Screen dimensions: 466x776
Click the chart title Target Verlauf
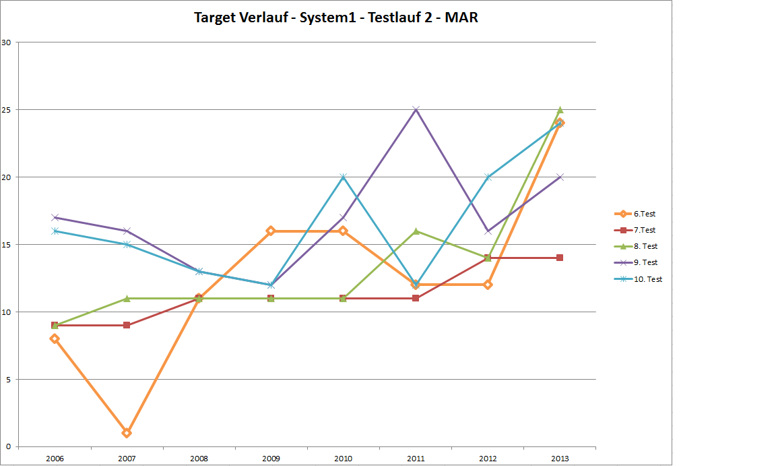tap(335, 18)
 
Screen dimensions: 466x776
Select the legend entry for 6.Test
tap(644, 214)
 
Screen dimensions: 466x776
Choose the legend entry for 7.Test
tap(644, 230)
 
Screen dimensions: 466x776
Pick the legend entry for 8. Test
tap(645, 246)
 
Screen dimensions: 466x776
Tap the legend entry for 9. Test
tap(645, 262)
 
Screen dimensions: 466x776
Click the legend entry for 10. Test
tap(647, 279)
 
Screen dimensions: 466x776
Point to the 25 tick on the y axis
tap(7, 109)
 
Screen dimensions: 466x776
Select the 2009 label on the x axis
tap(271, 459)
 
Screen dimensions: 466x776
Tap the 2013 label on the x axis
tap(559, 459)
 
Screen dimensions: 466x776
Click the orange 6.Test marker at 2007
tap(127, 433)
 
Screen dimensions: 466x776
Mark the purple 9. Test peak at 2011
tap(416, 109)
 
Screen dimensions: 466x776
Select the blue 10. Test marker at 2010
tap(344, 177)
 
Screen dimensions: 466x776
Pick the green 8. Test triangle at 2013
tap(560, 109)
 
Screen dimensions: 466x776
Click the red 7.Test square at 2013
tap(560, 258)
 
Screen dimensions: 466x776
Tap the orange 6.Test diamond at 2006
tap(55, 339)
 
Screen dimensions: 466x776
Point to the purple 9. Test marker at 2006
tap(55, 217)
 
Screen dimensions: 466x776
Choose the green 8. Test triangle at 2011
tap(416, 231)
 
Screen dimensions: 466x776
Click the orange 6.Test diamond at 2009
tap(271, 231)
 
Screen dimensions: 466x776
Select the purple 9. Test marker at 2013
tap(560, 177)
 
